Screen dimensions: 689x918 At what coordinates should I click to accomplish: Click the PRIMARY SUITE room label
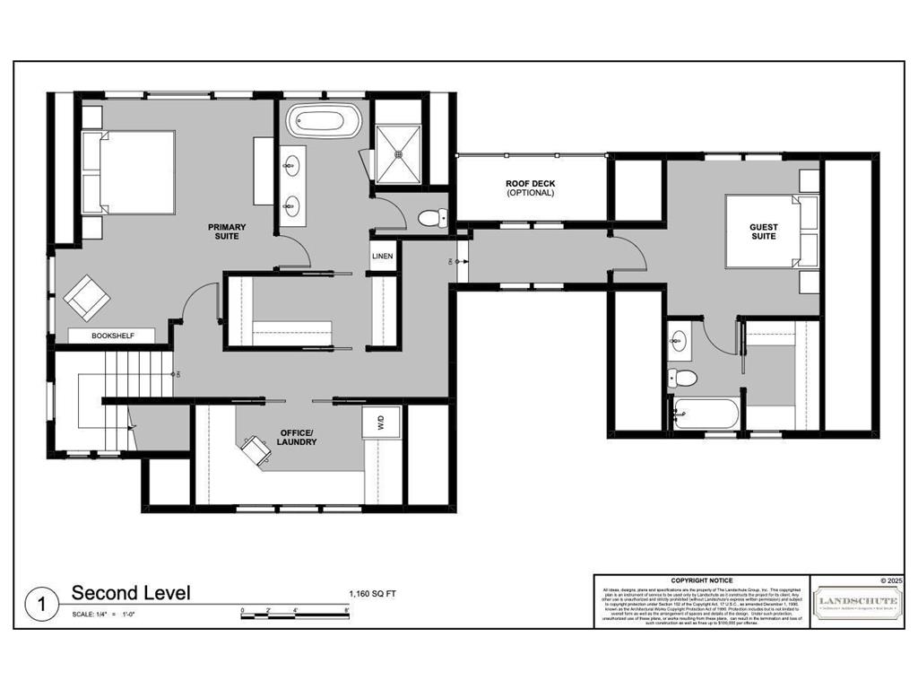227,231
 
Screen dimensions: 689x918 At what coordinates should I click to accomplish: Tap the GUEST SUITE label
764,231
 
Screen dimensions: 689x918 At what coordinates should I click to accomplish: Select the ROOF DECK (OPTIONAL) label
530,188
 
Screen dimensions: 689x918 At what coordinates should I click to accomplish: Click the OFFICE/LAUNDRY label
298,436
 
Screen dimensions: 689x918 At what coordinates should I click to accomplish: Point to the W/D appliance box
379,421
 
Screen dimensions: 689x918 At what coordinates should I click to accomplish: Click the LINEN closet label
383,257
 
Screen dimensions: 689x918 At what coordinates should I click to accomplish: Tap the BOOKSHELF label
113,336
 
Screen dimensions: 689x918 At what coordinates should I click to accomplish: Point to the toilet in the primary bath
431,216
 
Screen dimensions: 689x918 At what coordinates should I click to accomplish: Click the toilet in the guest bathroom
684,377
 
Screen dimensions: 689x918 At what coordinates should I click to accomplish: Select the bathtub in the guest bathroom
704,414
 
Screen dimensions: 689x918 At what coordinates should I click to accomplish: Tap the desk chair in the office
255,449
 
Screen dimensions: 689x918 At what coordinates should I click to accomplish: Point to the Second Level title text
131,593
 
